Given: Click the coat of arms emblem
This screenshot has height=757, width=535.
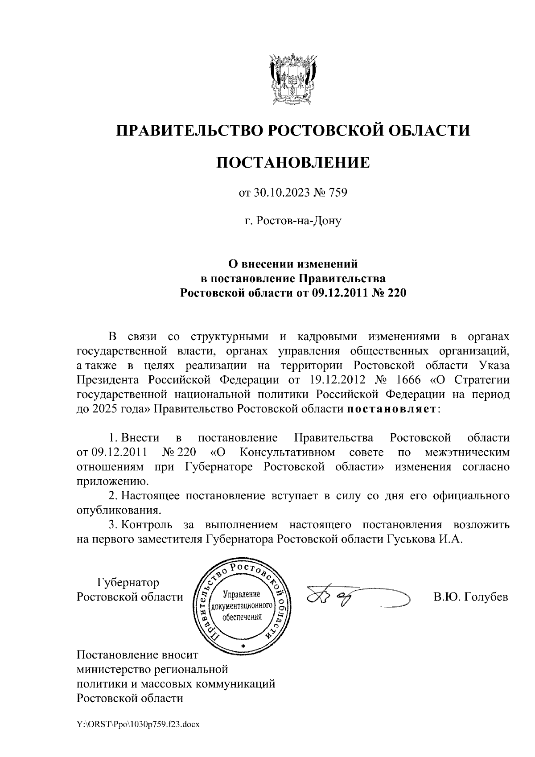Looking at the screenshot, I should [x=292, y=78].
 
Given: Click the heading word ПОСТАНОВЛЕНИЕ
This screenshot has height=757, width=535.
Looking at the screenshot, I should [x=292, y=162].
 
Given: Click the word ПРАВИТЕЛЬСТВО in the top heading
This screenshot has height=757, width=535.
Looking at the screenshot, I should [x=188, y=130].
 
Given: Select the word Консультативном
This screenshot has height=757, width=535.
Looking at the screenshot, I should [x=288, y=453].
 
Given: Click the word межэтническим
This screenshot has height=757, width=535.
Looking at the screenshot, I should [x=466, y=453].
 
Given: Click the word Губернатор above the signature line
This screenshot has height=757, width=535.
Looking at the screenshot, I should [x=128, y=582].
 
